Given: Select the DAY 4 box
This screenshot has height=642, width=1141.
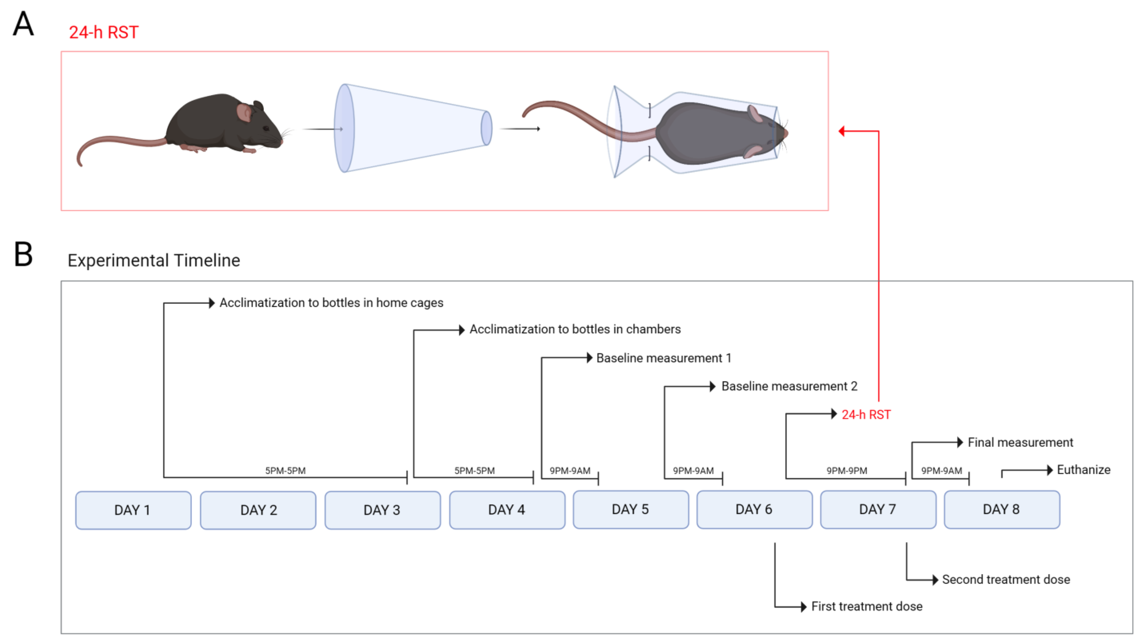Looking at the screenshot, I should click(x=507, y=510).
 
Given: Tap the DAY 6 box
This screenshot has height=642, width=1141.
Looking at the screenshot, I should click(x=754, y=509).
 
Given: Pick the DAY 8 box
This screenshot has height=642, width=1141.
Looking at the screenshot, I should click(x=1001, y=509).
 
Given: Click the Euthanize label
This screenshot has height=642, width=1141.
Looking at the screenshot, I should click(x=1083, y=470).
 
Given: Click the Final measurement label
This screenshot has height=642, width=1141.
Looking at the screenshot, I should click(x=1020, y=442).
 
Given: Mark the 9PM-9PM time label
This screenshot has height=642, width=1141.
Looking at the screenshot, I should click(x=847, y=471).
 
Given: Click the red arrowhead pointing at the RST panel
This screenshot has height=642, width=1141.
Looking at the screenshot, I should click(x=841, y=131).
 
